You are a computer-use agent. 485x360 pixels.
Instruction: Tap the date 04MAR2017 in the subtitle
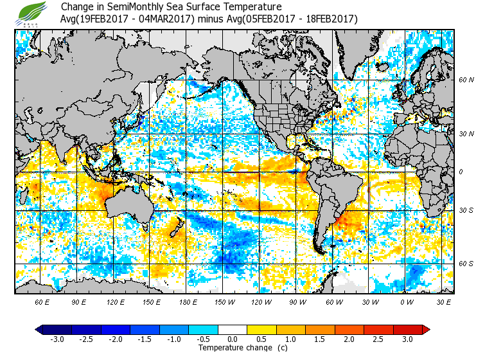(x=170, y=19)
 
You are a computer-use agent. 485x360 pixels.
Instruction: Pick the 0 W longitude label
(x=406, y=301)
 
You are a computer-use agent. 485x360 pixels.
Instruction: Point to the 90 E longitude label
(x=79, y=301)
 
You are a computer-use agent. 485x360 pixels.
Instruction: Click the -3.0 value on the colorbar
(x=57, y=339)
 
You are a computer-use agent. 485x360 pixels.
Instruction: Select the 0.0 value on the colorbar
(x=233, y=339)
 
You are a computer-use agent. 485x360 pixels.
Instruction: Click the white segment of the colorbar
(x=233, y=330)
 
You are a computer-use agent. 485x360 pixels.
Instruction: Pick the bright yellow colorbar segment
(x=262, y=330)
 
